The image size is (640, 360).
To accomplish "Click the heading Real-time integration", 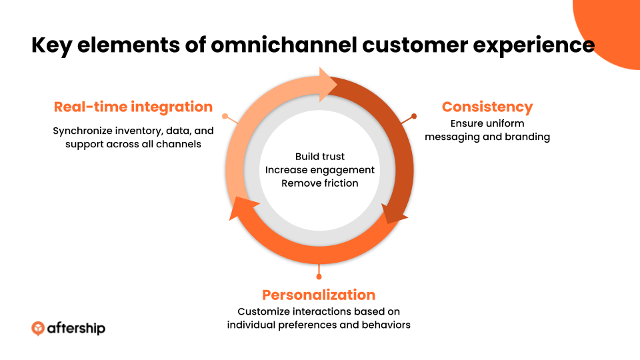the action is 133,107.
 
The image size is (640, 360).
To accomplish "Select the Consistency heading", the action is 487,107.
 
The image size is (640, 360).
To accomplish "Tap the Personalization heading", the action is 319,295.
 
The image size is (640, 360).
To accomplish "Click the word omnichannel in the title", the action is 284,45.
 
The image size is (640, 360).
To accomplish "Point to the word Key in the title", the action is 51,45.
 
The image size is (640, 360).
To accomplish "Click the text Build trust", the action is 320,156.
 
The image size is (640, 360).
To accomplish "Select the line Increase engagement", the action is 319,170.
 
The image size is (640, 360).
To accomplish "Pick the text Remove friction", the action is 319,183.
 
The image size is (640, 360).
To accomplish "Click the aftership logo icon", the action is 38,329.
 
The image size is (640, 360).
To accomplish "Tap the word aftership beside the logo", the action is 76,329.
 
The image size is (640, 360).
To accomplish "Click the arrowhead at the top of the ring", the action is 327,85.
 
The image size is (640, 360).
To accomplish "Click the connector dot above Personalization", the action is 319,277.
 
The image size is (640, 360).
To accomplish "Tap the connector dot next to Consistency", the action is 414,116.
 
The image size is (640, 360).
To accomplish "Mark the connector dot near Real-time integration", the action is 225,116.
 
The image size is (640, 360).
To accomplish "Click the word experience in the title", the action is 533,45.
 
